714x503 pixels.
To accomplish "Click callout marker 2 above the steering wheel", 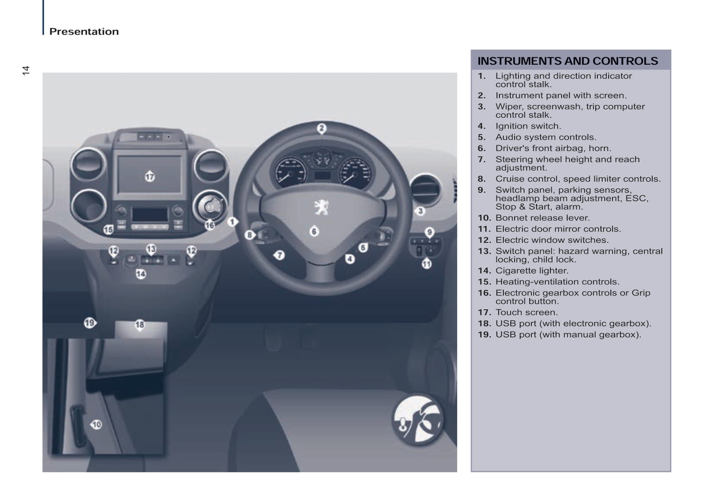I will click(x=321, y=128).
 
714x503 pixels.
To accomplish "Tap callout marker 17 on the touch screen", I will click(x=150, y=176).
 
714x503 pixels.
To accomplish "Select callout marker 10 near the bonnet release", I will click(x=96, y=425).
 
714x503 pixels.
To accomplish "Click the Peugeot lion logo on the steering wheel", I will click(x=321, y=207).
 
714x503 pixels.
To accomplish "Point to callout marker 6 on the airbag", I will click(x=314, y=231).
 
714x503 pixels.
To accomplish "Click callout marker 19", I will click(x=89, y=323).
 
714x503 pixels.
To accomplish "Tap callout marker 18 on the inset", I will click(x=140, y=324).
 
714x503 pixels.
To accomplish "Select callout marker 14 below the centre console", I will click(x=141, y=273).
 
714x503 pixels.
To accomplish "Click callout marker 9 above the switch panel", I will click(x=429, y=232).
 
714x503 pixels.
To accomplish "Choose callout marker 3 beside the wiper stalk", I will click(x=420, y=211).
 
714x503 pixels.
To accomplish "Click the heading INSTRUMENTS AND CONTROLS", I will click(x=567, y=61).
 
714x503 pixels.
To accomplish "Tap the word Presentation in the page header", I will click(x=84, y=32).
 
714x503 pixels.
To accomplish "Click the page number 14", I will click(x=26, y=71).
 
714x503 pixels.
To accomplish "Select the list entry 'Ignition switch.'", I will click(x=528, y=126).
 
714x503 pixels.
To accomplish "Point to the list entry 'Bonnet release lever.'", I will click(x=542, y=218).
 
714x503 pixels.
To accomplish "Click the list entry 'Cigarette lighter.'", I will click(x=532, y=271).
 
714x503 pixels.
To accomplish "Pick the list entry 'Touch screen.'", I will click(x=526, y=312).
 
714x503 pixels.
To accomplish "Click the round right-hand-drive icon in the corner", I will click(x=418, y=419).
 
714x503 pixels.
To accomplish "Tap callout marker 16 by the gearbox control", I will click(x=210, y=225).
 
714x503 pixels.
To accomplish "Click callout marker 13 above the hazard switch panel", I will click(x=151, y=249).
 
